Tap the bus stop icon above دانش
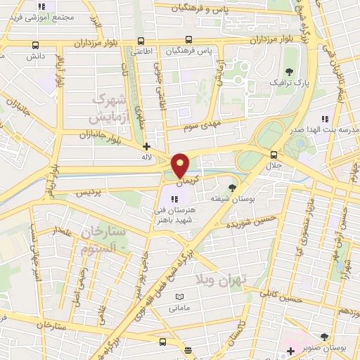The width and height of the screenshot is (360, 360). point(35,44)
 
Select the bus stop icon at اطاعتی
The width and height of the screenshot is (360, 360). point(141,40)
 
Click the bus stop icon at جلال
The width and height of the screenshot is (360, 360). point(274,155)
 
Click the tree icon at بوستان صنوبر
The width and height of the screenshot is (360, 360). point(324,337)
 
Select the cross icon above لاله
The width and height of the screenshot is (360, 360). point(146,146)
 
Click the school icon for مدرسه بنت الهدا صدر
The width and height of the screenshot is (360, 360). point(324,120)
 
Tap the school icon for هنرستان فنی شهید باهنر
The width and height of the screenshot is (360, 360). point(174,198)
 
